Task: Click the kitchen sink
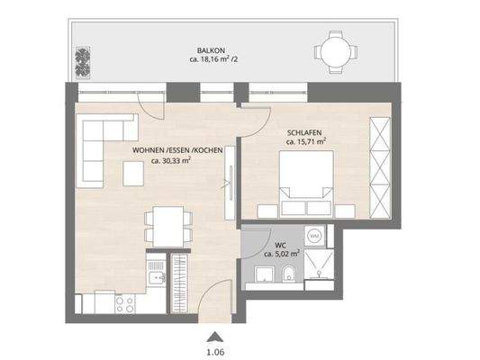pyautogui.click(x=153, y=265)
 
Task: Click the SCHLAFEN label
pyautogui.click(x=306, y=130)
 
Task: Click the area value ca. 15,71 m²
pyautogui.click(x=306, y=141)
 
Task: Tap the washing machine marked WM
pyautogui.click(x=315, y=236)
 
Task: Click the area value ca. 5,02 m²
pyautogui.click(x=282, y=255)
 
